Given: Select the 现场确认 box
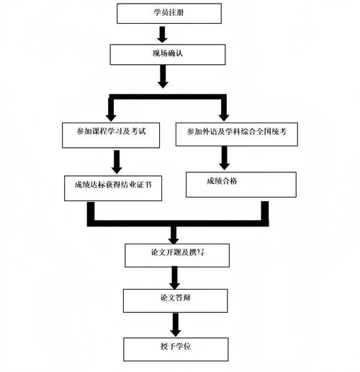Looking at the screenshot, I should pos(161,53).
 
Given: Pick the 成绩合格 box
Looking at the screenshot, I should pos(240,184).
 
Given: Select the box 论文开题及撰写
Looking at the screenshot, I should pos(178,254).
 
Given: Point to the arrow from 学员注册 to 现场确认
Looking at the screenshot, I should pos(162,33).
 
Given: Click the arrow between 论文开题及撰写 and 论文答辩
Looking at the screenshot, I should pos(174,277).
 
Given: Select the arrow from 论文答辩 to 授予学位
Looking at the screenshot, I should pos(174,323).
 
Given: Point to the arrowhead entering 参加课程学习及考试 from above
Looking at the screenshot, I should pos(110,115).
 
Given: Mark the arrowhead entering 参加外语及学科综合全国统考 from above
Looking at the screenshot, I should pos(224,115).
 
